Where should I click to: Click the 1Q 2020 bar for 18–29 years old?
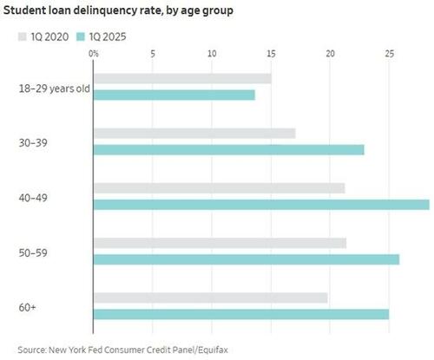[x=182, y=79]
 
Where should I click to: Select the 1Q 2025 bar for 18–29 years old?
[x=174, y=95]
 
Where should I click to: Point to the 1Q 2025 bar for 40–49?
[x=260, y=205]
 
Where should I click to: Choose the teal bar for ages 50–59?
[x=246, y=259]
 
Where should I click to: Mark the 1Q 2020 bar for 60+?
[x=210, y=298]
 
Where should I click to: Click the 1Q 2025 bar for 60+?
[x=240, y=314]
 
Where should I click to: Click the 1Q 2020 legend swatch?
[x=23, y=38]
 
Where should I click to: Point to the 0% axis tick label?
[x=94, y=54]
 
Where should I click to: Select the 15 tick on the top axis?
[x=271, y=54]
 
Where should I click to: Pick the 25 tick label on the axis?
[x=390, y=54]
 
